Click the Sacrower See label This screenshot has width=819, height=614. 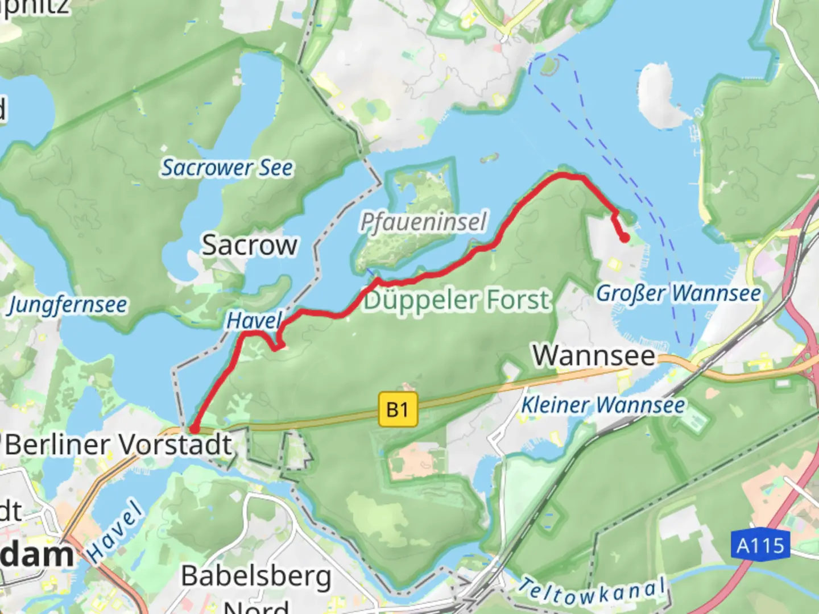(x=227, y=168)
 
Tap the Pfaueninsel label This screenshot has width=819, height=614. (x=424, y=222)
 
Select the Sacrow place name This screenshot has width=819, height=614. (x=250, y=245)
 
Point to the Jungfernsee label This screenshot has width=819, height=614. (x=67, y=305)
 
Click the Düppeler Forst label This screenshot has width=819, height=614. (x=457, y=300)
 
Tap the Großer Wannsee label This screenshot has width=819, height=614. (x=678, y=293)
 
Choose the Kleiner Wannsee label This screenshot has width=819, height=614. (x=603, y=405)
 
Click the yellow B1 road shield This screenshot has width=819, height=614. (x=398, y=409)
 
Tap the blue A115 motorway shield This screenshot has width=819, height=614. (x=760, y=546)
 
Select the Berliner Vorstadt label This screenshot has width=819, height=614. (x=119, y=445)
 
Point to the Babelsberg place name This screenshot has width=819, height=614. (x=256, y=576)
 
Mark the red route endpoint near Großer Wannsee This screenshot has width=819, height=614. (x=624, y=238)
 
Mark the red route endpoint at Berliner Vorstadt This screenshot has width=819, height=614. (x=194, y=429)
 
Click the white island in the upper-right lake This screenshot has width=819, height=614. (x=660, y=97)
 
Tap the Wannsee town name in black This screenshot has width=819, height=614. (x=594, y=356)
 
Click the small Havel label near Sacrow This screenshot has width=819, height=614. (x=254, y=321)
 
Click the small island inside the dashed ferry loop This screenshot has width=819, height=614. (x=548, y=67)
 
